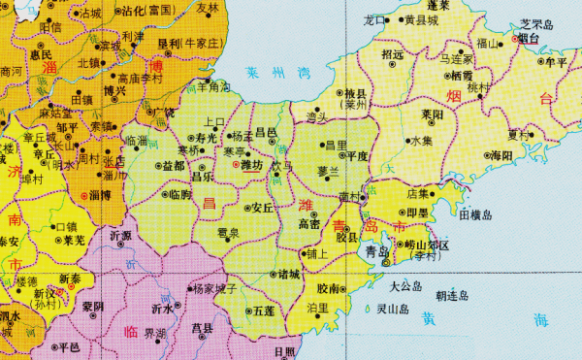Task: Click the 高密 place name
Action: pos(310,223)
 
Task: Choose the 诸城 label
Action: pos(289,275)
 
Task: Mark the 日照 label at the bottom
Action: pos(285,350)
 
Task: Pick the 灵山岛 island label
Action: pos(394,310)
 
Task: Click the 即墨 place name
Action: pos(417,212)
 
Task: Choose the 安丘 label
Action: pos(264,208)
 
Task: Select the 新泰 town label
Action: pos(71,277)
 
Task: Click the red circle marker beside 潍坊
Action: pos(236,166)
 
